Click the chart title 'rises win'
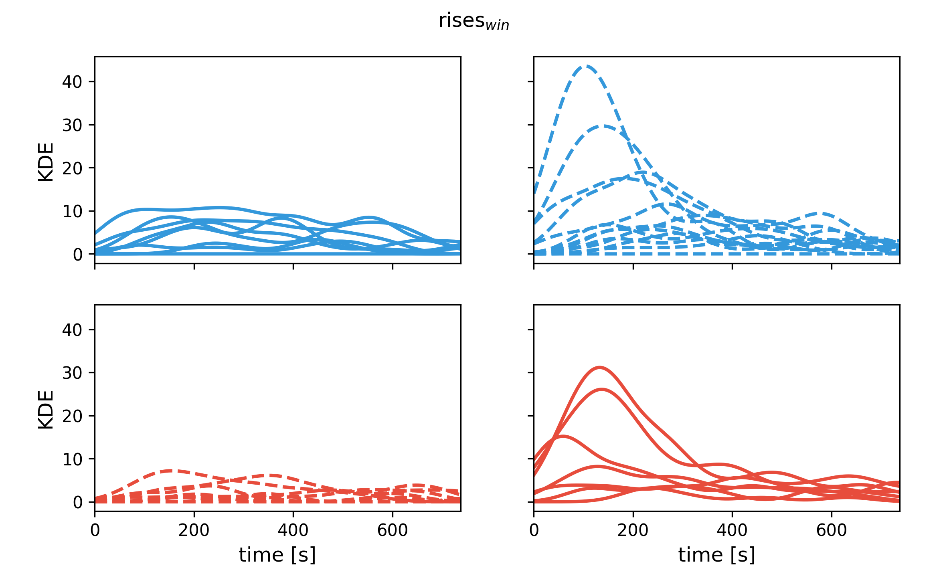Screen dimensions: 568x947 pyautogui.click(x=473, y=21)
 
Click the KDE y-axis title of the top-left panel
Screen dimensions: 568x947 pyautogui.click(x=46, y=162)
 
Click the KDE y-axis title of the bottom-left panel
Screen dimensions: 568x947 pyautogui.click(x=46, y=410)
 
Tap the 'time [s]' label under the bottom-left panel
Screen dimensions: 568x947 pyautogui.click(x=277, y=555)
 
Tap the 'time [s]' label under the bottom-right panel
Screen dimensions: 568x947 pyautogui.click(x=716, y=555)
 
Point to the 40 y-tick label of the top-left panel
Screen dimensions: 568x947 pyautogui.click(x=72, y=82)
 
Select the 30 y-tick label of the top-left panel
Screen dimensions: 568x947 pyautogui.click(x=72, y=125)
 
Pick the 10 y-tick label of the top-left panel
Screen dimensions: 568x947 pyautogui.click(x=72, y=212)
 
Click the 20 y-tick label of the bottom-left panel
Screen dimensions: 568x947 pyautogui.click(x=72, y=416)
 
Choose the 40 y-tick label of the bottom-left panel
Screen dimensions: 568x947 pyautogui.click(x=72, y=330)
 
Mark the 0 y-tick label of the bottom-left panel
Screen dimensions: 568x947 pyautogui.click(x=78, y=503)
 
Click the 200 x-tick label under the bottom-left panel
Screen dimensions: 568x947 pyautogui.click(x=194, y=530)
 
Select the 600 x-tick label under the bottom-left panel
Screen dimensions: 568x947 pyautogui.click(x=393, y=530)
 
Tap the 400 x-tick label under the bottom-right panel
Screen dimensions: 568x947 pyautogui.click(x=732, y=530)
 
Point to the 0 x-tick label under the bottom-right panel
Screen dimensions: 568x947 pyautogui.click(x=534, y=530)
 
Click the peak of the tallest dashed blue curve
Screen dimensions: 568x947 pyautogui.click(x=586, y=66)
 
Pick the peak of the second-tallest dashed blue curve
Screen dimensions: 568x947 pyautogui.click(x=603, y=126)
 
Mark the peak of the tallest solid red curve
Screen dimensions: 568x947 pyautogui.click(x=599, y=367)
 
